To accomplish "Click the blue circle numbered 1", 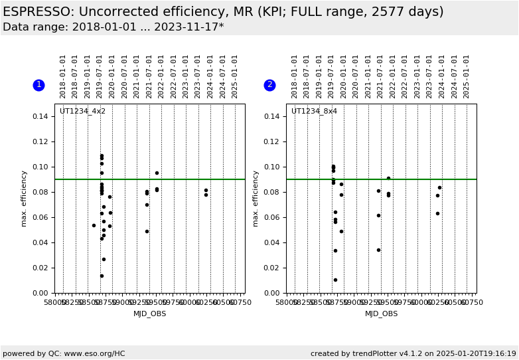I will tap(38, 85).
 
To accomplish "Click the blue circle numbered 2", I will tap(269, 85).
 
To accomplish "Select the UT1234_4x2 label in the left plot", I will tap(82, 112).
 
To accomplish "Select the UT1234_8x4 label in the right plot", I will tap(314, 112).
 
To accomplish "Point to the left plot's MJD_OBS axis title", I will tap(149, 314).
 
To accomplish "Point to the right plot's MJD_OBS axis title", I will tap(381, 314).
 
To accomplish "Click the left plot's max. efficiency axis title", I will tap(24, 198).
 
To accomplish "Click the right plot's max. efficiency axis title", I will tap(256, 198).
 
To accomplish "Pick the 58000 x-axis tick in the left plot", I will tap(55, 303).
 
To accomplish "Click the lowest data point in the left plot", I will tap(102, 276).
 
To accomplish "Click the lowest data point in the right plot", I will tap(335, 280).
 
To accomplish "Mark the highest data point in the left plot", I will tap(102, 156).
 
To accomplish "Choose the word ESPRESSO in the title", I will tap(38, 12).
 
